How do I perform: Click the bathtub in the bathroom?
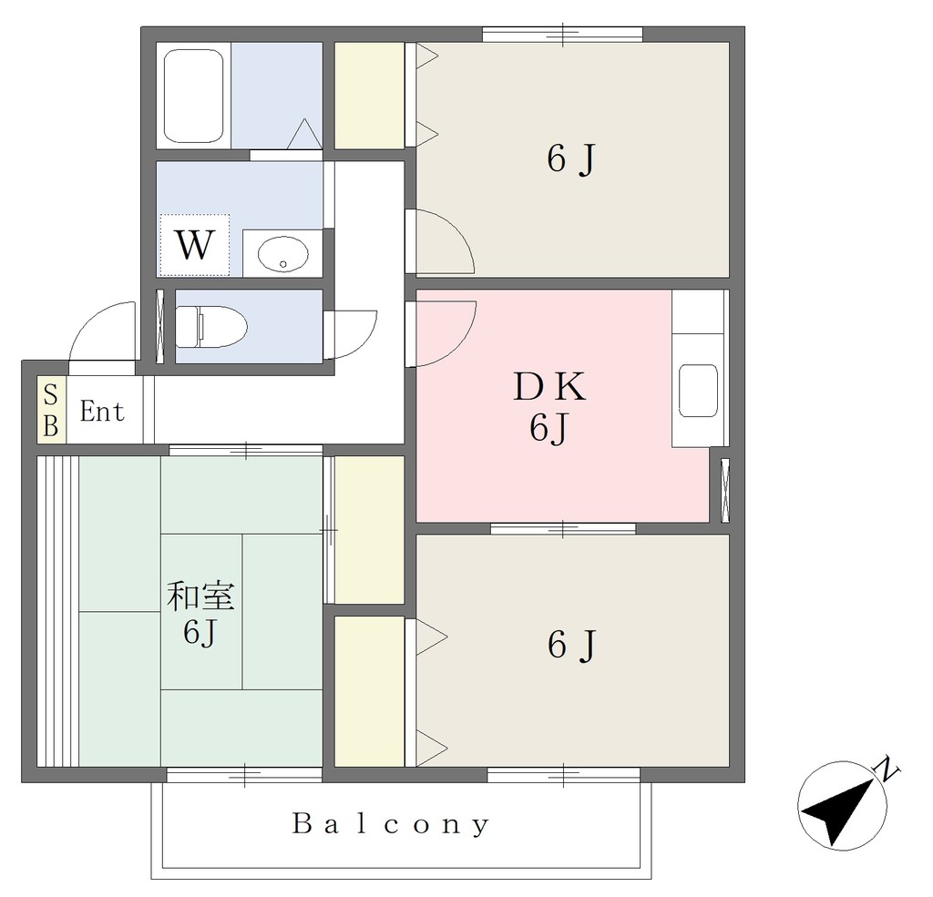[x=193, y=96]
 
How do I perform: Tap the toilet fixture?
[x=211, y=327]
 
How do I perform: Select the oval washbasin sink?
[x=283, y=255]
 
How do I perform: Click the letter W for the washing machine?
[x=194, y=244]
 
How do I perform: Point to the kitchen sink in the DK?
[x=698, y=391]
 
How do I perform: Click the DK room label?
[x=549, y=387]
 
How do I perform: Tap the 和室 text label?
[x=200, y=596]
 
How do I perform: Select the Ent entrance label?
[x=102, y=412]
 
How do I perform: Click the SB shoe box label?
[x=51, y=411]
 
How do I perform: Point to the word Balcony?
[x=391, y=824]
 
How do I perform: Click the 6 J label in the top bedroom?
[x=571, y=159]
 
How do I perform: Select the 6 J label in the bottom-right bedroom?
[x=571, y=645]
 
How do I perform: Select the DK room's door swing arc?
[x=458, y=346]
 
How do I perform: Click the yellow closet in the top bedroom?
[x=370, y=96]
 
